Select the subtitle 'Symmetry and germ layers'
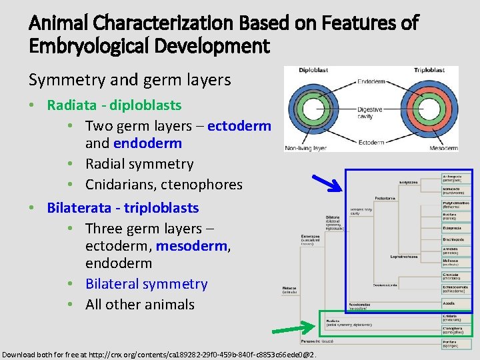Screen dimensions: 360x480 (x=129, y=80)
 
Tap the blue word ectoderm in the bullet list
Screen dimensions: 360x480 (x=239, y=126)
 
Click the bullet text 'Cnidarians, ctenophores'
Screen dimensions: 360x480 (x=163, y=184)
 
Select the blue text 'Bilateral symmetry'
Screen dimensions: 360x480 (x=146, y=283)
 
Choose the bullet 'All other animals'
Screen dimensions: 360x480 (x=139, y=304)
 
